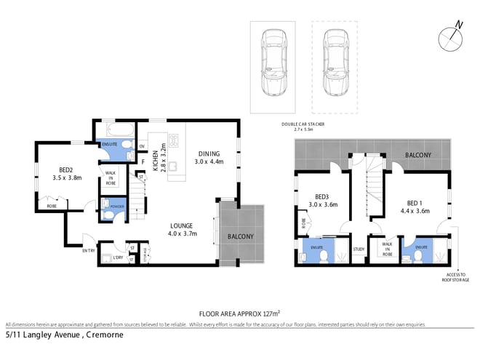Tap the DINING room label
(209, 153)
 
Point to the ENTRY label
(89, 251)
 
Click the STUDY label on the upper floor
(358, 249)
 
